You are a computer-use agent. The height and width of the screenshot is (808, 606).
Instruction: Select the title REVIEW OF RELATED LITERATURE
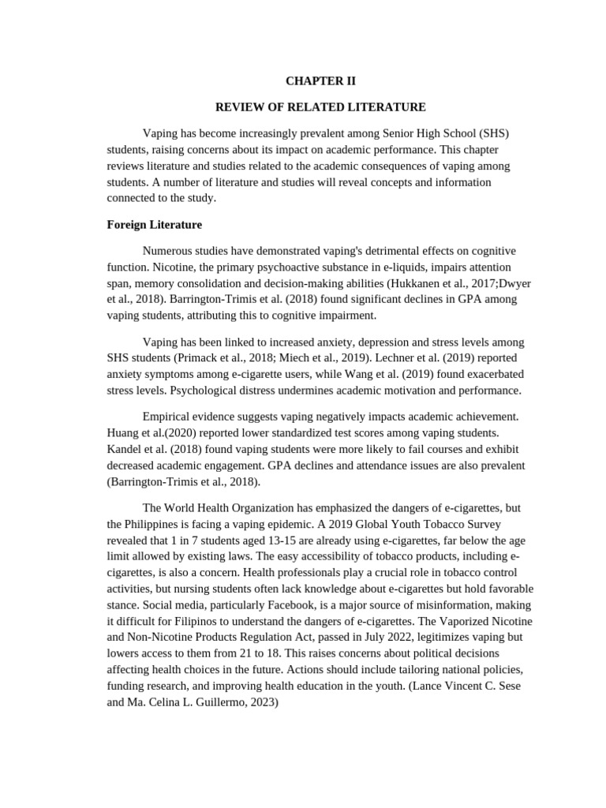[321, 107]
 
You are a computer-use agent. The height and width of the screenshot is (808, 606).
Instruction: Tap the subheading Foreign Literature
[154, 225]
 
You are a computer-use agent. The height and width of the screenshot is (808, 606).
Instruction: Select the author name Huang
[122, 432]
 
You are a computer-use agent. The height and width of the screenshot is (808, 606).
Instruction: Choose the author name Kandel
[124, 448]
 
